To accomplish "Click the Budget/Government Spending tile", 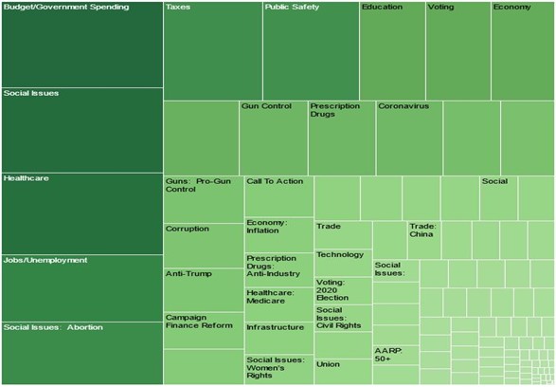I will (81, 45).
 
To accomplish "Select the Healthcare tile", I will (81, 212).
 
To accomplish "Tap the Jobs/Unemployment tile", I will (81, 287).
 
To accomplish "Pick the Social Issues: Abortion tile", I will (81, 352).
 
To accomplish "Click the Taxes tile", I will (212, 50).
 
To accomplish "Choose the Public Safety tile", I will (311, 50).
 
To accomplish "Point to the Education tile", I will (392, 50).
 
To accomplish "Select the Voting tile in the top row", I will (457, 50).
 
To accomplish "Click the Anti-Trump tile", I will (203, 289).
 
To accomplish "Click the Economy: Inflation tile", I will (278, 234).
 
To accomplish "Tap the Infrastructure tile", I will (278, 338).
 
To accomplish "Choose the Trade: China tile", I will (423, 240).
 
